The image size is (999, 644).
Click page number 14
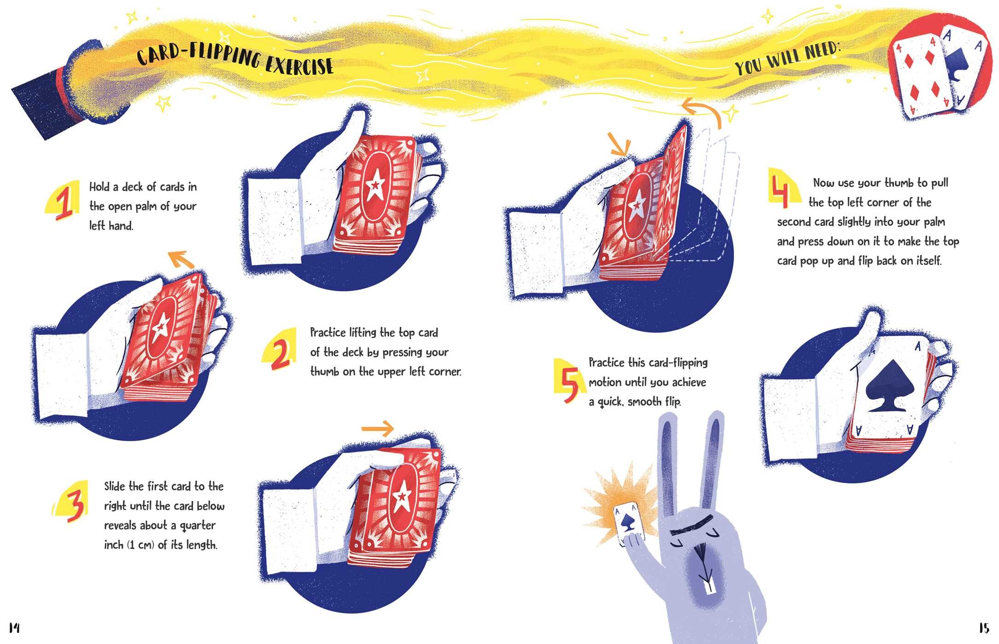click(x=14, y=627)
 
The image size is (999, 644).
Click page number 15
click(x=984, y=628)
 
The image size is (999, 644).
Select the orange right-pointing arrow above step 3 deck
click(x=378, y=429)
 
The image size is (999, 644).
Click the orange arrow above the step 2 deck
click(x=181, y=259)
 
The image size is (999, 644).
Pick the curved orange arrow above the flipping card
click(x=701, y=112)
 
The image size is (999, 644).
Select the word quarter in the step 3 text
click(x=197, y=526)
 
